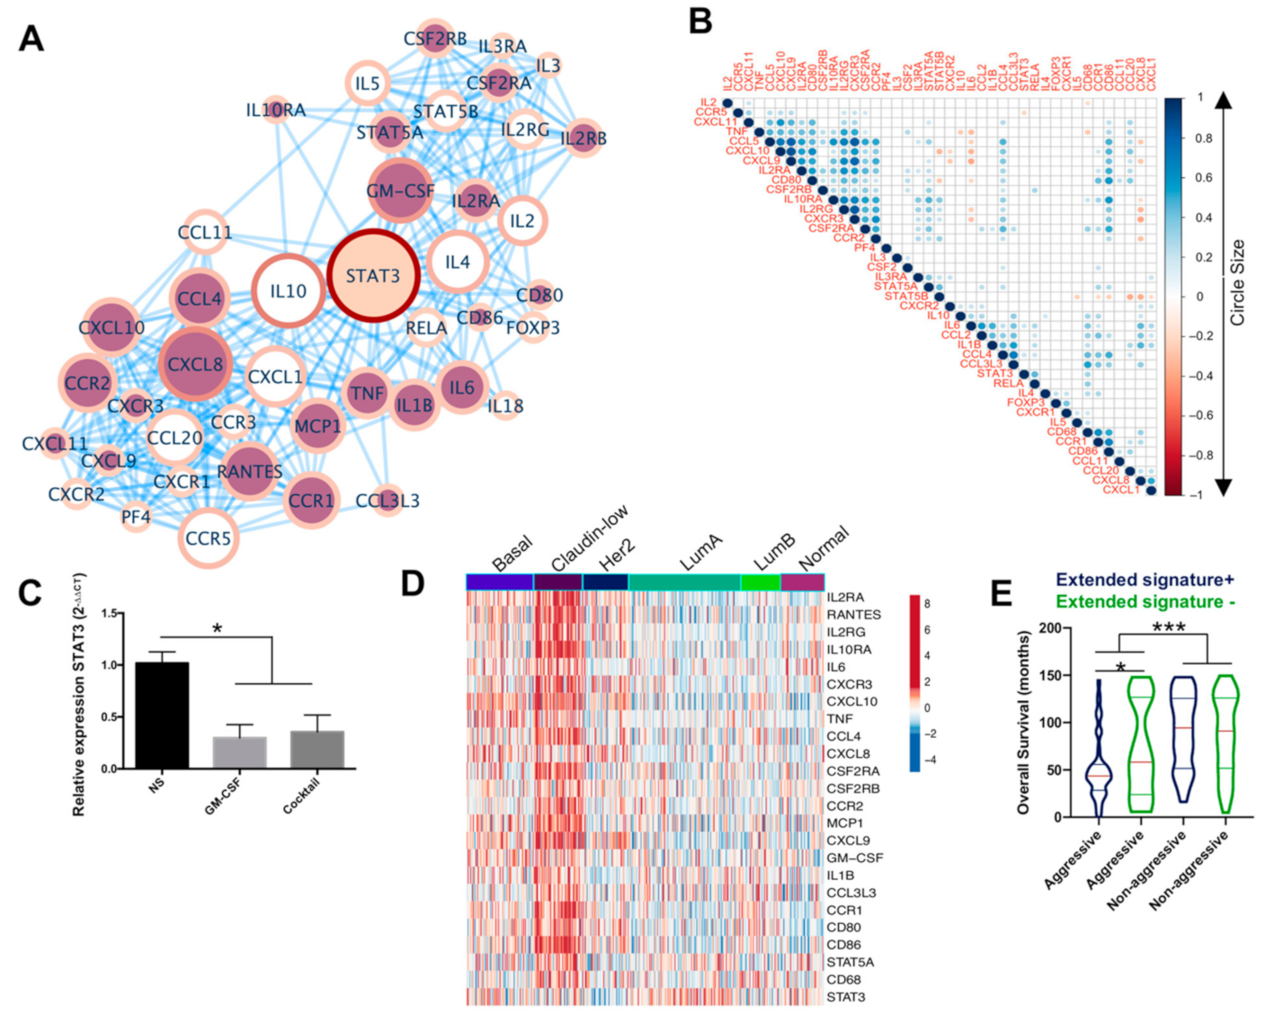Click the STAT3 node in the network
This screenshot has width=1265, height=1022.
(372, 275)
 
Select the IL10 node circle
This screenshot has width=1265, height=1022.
(288, 291)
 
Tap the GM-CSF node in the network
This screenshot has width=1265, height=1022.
(399, 191)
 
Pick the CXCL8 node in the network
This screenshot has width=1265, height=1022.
(195, 364)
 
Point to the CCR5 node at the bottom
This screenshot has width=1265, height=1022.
(208, 538)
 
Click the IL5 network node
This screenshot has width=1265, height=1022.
(367, 84)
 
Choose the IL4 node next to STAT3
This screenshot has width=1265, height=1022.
(457, 262)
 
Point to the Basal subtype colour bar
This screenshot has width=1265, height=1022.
(500, 582)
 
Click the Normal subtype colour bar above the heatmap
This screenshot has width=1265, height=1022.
(802, 582)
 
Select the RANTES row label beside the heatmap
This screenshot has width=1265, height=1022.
(853, 615)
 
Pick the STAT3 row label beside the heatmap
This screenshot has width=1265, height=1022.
(846, 997)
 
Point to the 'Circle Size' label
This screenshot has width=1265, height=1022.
(1238, 282)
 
